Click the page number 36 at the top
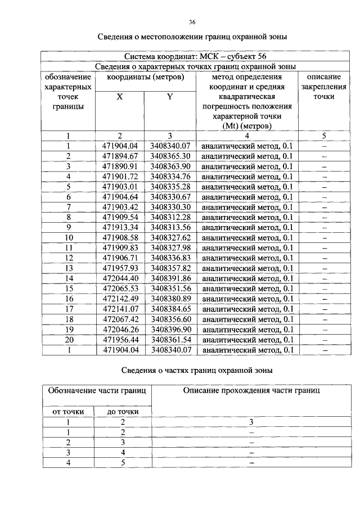pos(192,22)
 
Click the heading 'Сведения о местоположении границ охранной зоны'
pos(192,38)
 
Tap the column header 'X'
pos(119,97)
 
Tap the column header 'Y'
pos(170,97)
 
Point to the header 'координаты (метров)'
pos(145,76)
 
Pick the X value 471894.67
pos(120,156)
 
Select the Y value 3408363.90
pos(170,166)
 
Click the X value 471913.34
pos(120,227)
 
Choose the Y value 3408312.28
pos(170,217)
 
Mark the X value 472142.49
pos(120,299)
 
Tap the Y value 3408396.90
pos(170,329)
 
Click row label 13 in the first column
pos(69,268)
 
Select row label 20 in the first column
pos(69,339)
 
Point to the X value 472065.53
pos(120,289)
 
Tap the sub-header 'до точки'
pos(123,412)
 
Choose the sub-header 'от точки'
pos(68,412)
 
